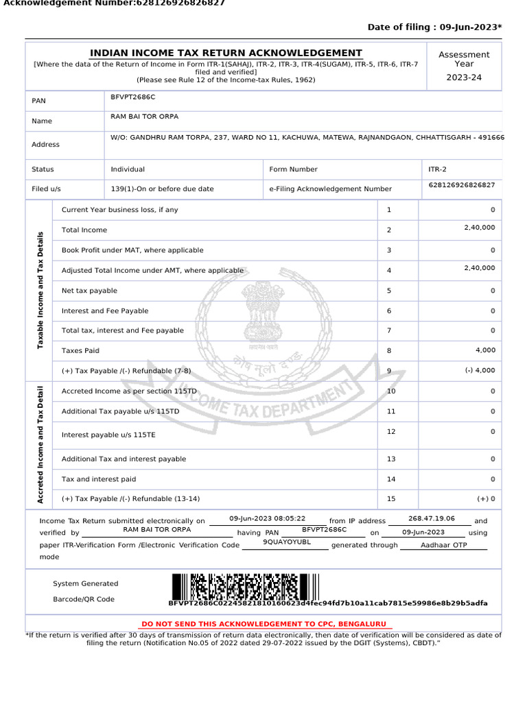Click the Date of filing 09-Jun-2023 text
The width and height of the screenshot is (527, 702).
[434, 27]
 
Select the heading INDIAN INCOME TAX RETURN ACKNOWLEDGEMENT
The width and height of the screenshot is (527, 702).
[226, 53]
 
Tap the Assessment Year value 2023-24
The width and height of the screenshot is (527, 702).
[464, 77]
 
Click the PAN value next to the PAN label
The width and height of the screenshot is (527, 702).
[133, 97]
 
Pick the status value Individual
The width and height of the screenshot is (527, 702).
[128, 169]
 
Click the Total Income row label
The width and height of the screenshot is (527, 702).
[84, 230]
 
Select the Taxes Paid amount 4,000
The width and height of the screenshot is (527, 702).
[485, 350]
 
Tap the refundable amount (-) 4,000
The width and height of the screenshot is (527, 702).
[480, 371]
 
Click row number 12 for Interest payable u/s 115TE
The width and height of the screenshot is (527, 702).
[391, 432]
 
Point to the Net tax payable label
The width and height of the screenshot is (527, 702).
[89, 291]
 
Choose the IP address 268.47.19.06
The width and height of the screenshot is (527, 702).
[431, 520]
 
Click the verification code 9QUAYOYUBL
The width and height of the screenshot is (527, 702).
[287, 542]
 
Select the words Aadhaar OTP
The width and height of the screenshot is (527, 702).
[443, 545]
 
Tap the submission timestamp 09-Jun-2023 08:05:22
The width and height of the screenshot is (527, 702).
[267, 519]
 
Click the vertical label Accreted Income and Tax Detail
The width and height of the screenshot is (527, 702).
[40, 445]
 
